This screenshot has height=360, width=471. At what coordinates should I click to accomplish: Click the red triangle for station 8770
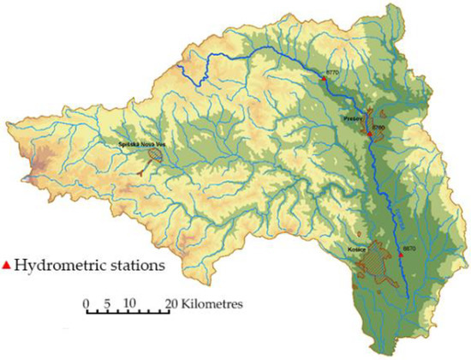pos(325,79)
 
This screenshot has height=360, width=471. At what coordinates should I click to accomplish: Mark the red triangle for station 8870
pos(400,255)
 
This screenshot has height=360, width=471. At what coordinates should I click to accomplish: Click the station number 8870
pos(408,249)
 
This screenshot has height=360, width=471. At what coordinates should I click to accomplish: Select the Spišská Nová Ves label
pos(140,146)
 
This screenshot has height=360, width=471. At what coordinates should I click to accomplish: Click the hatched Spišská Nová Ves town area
pos(155,155)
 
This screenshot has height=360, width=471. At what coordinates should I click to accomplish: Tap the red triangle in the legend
pos(8,267)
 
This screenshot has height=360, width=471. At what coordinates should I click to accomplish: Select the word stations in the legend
pos(135,267)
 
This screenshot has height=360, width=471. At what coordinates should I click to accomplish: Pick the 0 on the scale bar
pos(86,303)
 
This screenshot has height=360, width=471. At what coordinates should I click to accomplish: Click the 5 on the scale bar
pos(108,303)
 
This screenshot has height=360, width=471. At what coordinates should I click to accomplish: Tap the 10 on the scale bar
pos(129,303)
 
